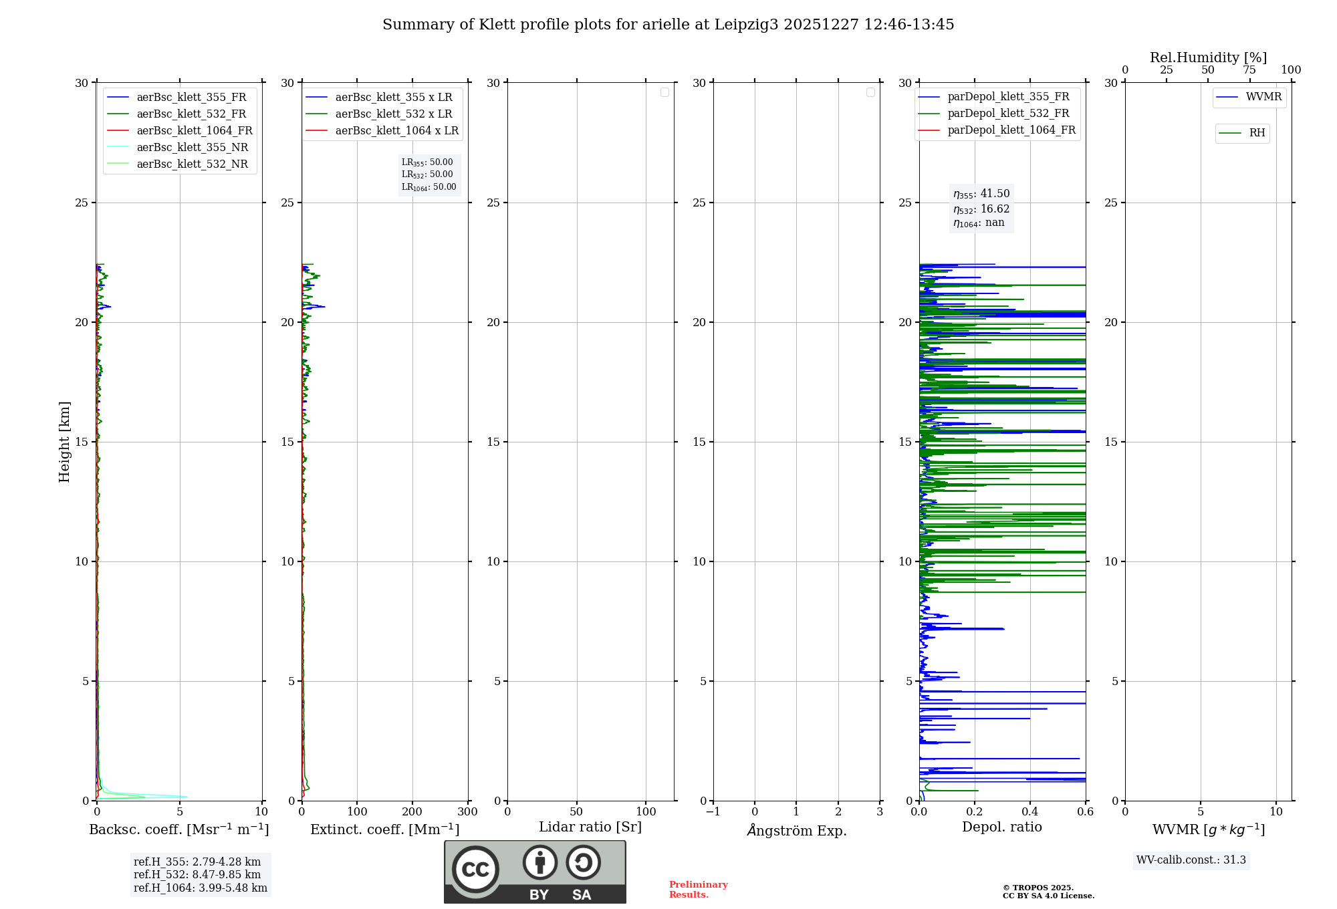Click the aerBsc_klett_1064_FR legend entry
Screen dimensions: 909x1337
coord(195,131)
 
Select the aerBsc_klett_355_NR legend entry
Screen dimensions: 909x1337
coord(192,148)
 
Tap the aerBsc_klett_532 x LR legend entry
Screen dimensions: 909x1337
coord(393,114)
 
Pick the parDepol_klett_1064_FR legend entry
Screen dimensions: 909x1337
coord(1011,130)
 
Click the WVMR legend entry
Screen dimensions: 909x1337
coord(1263,97)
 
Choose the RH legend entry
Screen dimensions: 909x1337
coord(1257,133)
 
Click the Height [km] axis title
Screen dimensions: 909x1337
coord(64,442)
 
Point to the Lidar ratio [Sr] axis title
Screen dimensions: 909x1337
coord(590,827)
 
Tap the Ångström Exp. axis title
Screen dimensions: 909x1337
coord(797,830)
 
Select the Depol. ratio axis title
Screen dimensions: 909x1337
coord(1002,827)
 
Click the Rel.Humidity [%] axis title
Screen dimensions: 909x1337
coord(1208,57)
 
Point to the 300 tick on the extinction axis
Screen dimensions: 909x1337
coord(468,812)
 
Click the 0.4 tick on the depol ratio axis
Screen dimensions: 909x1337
coord(1030,812)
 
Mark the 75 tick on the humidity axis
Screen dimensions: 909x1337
coord(1249,70)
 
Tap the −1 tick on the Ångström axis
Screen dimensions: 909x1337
coord(713,812)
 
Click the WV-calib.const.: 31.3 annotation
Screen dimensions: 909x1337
coord(1191,860)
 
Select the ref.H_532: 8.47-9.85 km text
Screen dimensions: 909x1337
coord(197,875)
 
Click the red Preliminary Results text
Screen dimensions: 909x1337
coord(699,890)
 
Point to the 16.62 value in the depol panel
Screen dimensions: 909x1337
coord(995,209)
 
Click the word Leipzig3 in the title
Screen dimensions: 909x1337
coord(747,25)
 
